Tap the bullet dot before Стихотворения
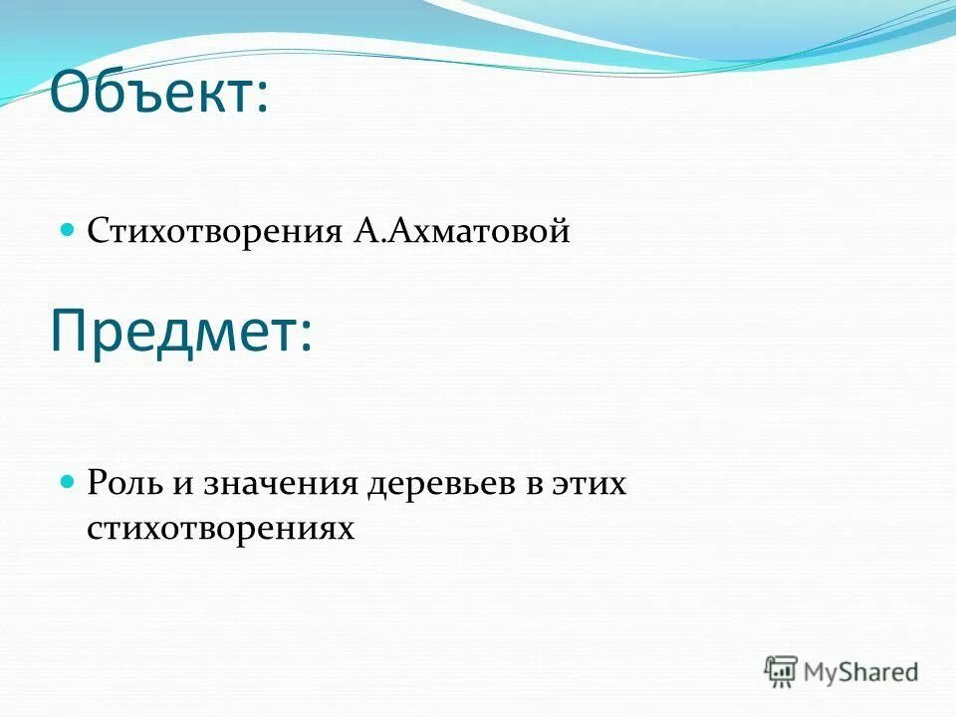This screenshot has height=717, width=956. pyautogui.click(x=69, y=229)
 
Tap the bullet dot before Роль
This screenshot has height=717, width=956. pyautogui.click(x=69, y=481)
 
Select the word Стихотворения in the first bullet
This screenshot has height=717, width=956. pyautogui.click(x=214, y=232)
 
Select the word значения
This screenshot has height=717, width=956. pyautogui.click(x=281, y=486)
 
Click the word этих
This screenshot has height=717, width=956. pyautogui.click(x=591, y=486)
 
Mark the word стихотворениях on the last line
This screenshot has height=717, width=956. pyautogui.click(x=220, y=529)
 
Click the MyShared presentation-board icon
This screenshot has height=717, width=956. pyautogui.click(x=781, y=671)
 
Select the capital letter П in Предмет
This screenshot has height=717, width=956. pyautogui.click(x=70, y=332)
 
